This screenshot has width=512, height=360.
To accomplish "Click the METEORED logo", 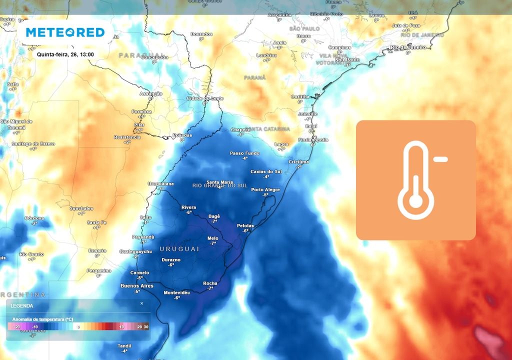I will click(x=65, y=32).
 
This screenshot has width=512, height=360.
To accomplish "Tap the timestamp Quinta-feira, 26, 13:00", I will click(x=65, y=54).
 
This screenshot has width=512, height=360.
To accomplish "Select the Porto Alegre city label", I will click(x=265, y=189).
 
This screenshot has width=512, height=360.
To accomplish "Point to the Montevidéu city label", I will click(x=177, y=292).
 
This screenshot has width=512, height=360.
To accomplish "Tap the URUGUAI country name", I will click(x=179, y=248).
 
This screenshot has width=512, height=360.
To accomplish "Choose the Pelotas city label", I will click(x=245, y=225).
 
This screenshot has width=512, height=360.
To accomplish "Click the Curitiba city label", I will click(x=300, y=96).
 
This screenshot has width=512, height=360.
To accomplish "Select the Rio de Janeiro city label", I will click(x=408, y=47).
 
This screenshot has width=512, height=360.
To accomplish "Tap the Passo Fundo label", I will click(x=244, y=153).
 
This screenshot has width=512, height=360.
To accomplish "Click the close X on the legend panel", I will click(x=141, y=303).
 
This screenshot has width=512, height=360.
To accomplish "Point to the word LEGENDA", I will click(x=22, y=305).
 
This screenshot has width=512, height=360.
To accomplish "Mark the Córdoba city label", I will click(x=34, y=218).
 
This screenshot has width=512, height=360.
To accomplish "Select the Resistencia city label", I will click(x=127, y=137).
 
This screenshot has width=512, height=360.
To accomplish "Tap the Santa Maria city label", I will click(x=219, y=182).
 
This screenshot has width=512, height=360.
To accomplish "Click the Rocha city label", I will click(x=210, y=283).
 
